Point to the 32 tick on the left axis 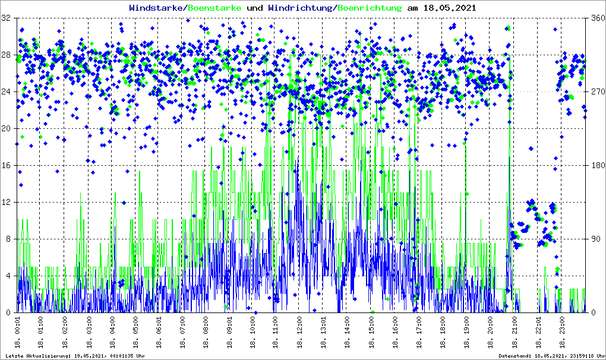pos(6,18)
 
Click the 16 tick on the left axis pos(6,166)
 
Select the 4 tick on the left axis pos(8,276)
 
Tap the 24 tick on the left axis pos(6,92)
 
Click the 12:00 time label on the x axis pos(301,333)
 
